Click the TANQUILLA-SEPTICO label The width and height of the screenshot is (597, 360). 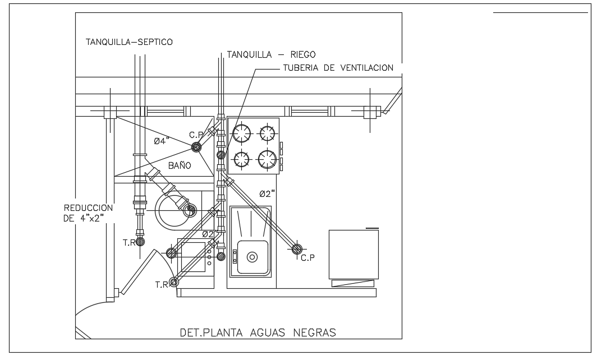tap(128, 41)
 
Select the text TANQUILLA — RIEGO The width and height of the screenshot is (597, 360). tap(272, 54)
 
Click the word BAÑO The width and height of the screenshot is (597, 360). tap(180, 165)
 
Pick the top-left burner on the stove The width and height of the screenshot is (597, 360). tap(241, 133)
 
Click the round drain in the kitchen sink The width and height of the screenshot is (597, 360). tap(252, 257)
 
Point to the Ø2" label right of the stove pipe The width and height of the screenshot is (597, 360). tap(267, 193)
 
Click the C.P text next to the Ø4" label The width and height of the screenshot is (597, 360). tap(195, 135)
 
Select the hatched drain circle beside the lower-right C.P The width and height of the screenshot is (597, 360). tap(296, 248)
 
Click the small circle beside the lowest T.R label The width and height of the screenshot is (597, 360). tap(174, 282)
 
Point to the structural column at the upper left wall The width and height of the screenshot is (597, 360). tap(110, 112)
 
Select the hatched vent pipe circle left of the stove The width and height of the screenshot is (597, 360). tap(221, 154)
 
